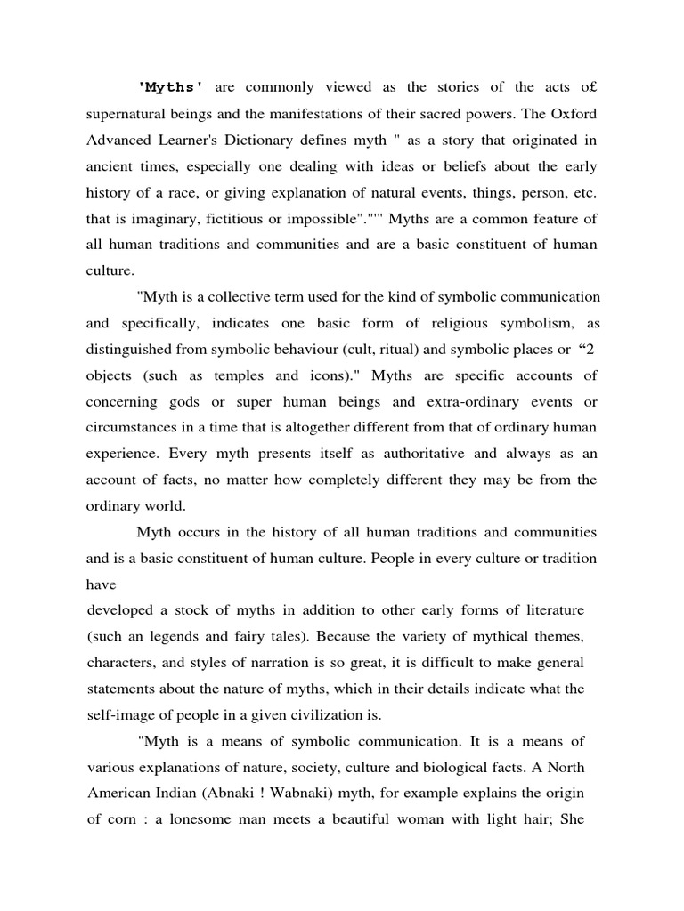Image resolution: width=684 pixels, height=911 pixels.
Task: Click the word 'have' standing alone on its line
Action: click(102, 584)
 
